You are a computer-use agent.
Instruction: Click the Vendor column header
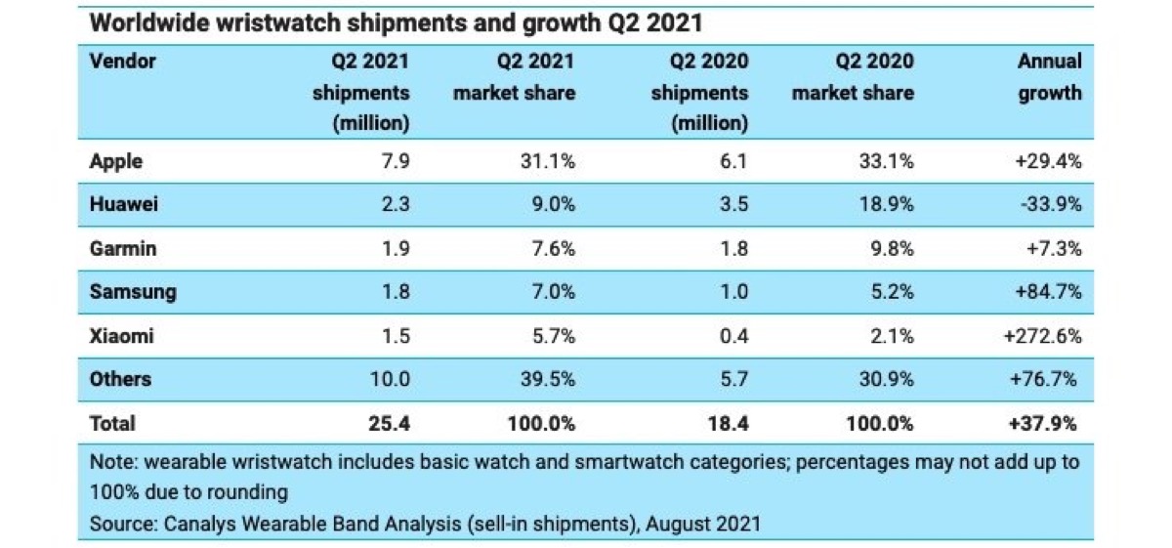click(x=122, y=62)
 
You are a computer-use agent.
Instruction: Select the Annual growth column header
click(x=1049, y=77)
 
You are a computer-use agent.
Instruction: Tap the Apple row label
click(x=116, y=162)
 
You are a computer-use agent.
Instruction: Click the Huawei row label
click(x=122, y=205)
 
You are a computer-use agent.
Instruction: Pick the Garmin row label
click(x=122, y=248)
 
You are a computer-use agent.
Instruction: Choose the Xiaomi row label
click(x=121, y=335)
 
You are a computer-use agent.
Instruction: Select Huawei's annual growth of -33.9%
click(x=1050, y=205)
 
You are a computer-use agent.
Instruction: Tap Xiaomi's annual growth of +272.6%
click(x=1043, y=335)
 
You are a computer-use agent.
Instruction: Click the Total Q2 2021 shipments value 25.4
click(x=390, y=423)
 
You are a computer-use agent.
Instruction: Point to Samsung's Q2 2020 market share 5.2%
click(x=892, y=292)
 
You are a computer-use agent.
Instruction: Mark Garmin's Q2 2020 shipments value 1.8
click(x=733, y=248)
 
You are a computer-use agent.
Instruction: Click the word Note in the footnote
click(x=110, y=462)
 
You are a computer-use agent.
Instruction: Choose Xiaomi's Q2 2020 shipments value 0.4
click(x=733, y=335)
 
